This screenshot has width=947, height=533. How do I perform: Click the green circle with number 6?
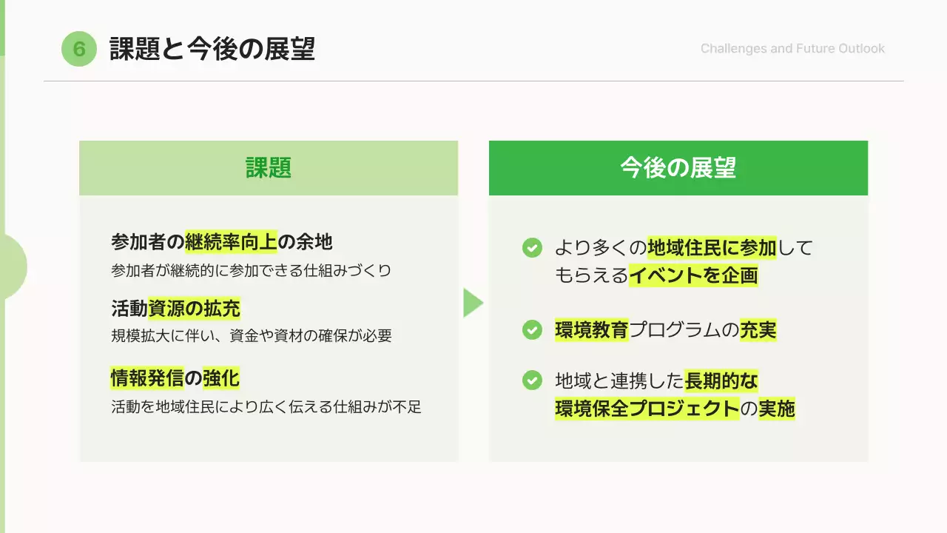pos(79,50)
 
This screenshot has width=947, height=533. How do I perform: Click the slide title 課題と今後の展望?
pos(212,49)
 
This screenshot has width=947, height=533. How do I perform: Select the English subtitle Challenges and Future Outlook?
pos(792,49)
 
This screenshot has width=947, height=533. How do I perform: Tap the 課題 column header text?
pos(269,168)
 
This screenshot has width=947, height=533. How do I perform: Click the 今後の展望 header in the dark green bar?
pos(678,168)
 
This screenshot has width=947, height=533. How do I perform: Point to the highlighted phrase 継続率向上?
pos(231,242)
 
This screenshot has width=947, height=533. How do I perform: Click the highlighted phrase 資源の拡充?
pos(194,308)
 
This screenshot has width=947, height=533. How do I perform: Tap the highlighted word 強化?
pos(221,378)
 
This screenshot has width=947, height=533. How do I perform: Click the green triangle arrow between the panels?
pos(473,303)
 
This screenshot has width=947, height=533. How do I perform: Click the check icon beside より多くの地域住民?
pos(532,248)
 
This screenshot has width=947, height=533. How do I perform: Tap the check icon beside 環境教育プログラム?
pos(532,330)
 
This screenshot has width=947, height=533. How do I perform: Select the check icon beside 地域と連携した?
pos(532,381)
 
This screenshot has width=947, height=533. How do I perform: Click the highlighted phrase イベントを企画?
pos(693,276)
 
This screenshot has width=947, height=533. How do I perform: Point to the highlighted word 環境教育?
pos(591,330)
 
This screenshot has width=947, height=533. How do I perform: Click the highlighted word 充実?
pos(758,330)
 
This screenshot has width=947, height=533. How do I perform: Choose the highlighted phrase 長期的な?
pos(721,381)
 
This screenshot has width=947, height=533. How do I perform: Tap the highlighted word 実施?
pos(777,409)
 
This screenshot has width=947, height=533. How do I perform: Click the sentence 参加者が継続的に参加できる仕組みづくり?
pos(251,270)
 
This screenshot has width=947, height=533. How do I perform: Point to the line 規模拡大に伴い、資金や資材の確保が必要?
pos(251,336)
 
